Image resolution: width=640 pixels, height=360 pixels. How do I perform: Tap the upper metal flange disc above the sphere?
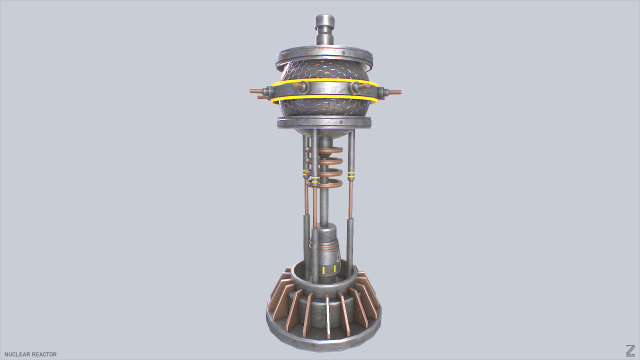click(x=326, y=52)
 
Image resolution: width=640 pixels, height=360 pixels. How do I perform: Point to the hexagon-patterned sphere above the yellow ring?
click(x=326, y=70)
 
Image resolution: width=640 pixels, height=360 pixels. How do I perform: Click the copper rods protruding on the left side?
click(x=259, y=93)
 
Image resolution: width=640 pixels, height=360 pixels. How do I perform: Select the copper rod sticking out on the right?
click(x=392, y=94)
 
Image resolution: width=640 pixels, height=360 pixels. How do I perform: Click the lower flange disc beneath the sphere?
click(x=326, y=124)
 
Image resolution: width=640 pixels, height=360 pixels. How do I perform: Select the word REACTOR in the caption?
click(x=44, y=354)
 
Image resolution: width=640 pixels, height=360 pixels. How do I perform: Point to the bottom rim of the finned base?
click(x=326, y=338)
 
